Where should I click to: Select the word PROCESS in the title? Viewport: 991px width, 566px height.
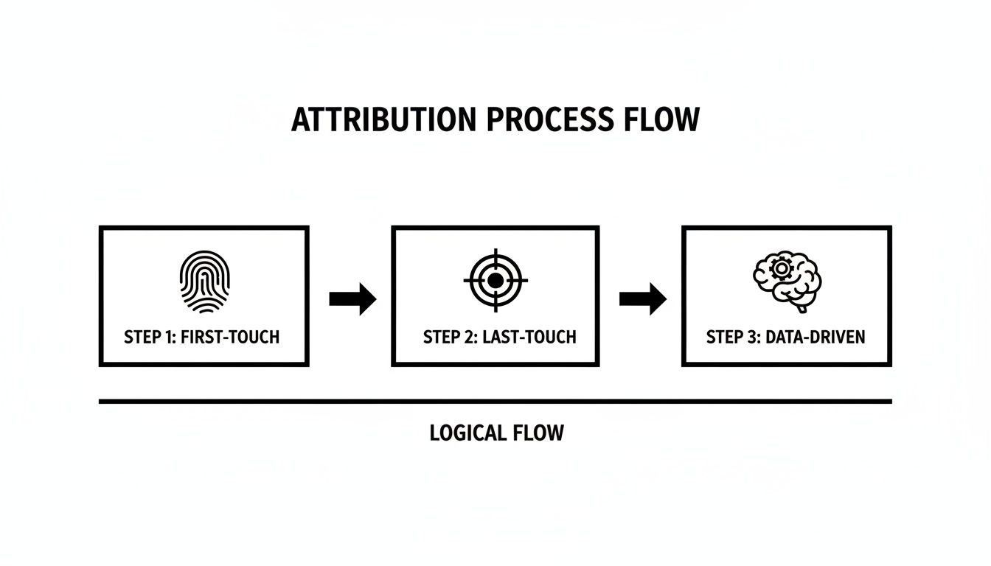537,120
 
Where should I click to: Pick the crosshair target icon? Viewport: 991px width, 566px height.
495,280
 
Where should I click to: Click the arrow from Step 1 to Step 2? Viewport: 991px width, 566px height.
352,298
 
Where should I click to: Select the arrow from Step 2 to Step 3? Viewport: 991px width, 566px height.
642,298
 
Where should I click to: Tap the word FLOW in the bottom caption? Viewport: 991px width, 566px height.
540,433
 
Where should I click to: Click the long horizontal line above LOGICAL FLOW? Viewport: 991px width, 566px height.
495,402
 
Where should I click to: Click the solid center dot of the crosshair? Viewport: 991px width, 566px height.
495,280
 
